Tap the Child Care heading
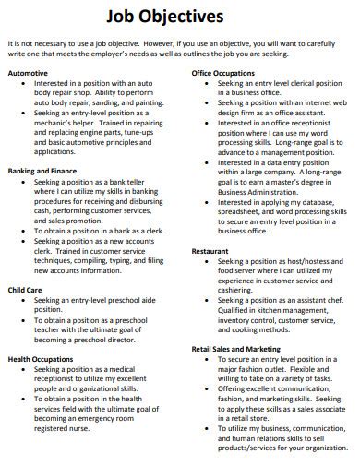tap(25, 289)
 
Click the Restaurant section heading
tap(210, 251)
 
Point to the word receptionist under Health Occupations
tap(62, 378)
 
